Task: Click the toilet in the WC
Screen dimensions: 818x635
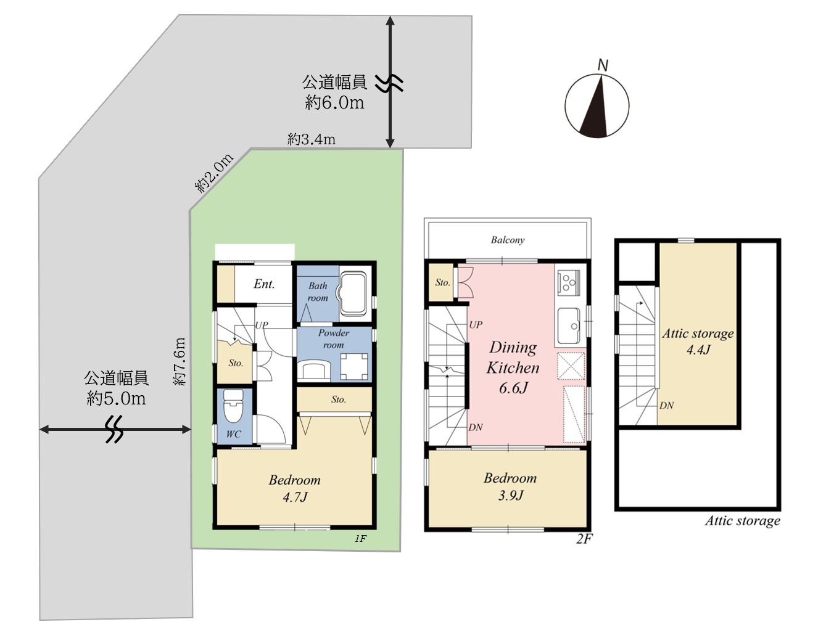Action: coord(233,406)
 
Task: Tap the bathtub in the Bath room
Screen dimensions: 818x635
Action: coord(353,292)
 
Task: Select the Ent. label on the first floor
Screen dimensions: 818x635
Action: coord(264,284)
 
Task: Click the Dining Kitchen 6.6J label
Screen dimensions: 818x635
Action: coord(513,367)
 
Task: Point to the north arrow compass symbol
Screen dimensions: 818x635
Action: coord(597,106)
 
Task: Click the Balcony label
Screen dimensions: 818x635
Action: coord(508,240)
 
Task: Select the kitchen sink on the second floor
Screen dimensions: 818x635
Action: coord(569,326)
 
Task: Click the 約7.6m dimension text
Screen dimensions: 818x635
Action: coord(180,361)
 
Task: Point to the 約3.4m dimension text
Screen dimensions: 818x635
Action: coord(312,139)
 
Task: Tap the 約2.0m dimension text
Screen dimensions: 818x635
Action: coord(214,173)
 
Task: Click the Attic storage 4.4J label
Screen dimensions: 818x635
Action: coord(698,341)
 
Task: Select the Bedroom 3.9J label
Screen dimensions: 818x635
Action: coord(510,486)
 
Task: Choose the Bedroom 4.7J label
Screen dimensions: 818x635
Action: coord(295,488)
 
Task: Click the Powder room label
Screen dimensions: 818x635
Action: coord(334,338)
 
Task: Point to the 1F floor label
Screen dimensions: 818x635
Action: coord(360,539)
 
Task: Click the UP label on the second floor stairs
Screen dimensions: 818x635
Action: coord(476,325)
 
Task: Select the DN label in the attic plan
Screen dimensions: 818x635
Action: coord(666,406)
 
